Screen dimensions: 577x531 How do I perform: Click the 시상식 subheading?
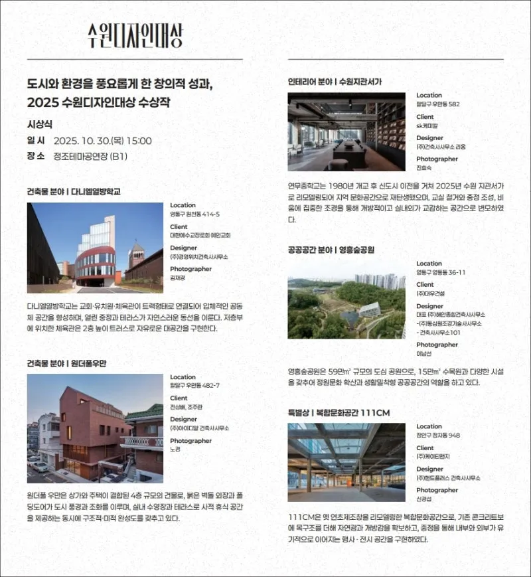[x=39, y=124]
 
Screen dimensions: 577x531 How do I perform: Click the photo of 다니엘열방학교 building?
[x=95, y=248]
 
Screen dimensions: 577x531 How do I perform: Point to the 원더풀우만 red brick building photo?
[x=95, y=428]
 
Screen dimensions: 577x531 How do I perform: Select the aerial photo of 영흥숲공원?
[x=346, y=305]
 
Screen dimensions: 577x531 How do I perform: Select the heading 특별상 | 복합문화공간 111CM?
[x=339, y=413]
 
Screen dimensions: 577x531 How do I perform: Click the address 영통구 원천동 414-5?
[x=194, y=214]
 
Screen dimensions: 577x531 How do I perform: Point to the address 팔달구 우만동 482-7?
[x=194, y=386]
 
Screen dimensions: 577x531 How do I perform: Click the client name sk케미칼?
[x=427, y=125]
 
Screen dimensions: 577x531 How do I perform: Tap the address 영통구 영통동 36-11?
[x=441, y=272]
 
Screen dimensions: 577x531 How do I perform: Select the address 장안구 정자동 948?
[x=438, y=436]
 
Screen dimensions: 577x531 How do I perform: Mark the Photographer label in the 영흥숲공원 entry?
[x=437, y=345]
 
